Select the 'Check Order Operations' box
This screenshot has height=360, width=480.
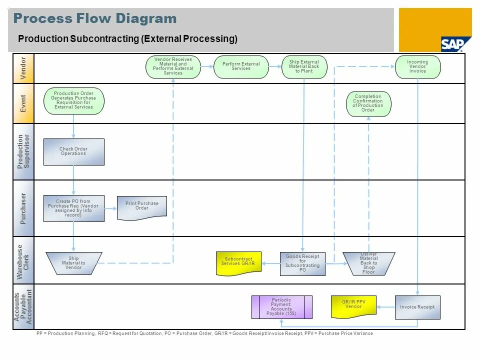pyautogui.click(x=74, y=152)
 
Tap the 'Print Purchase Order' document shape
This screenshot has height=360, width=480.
pyautogui.click(x=141, y=207)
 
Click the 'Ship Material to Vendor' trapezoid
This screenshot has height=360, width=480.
pyautogui.click(x=74, y=263)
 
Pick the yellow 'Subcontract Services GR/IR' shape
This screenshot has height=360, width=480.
pyautogui.click(x=238, y=263)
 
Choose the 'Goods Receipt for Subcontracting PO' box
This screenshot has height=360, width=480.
pyautogui.click(x=302, y=263)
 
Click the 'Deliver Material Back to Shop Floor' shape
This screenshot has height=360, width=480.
pyautogui.click(x=368, y=263)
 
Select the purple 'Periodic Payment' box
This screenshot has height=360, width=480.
pyautogui.click(x=281, y=307)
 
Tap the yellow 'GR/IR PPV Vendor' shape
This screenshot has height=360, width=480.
pyautogui.click(x=353, y=306)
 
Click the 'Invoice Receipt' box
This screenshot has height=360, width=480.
pyautogui.click(x=417, y=307)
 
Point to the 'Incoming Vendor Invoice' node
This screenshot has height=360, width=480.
pyautogui.click(x=418, y=67)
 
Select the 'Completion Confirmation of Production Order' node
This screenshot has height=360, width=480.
pyautogui.click(x=368, y=103)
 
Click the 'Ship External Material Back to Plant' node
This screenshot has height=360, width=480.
pyautogui.click(x=304, y=67)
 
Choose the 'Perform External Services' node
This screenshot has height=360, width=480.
pyautogui.click(x=241, y=67)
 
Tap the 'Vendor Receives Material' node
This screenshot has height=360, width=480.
pyautogui.click(x=173, y=67)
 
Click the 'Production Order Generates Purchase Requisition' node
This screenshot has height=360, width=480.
pyautogui.click(x=74, y=100)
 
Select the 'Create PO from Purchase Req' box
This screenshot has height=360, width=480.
pyautogui.click(x=74, y=208)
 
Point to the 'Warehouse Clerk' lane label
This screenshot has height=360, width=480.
pyautogui.click(x=23, y=260)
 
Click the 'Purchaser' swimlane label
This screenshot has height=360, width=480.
pyautogui.click(x=23, y=208)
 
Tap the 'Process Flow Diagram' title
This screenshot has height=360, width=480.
pyautogui.click(x=95, y=19)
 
